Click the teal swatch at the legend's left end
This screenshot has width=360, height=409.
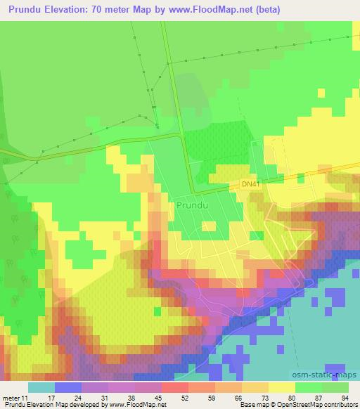[41, 387]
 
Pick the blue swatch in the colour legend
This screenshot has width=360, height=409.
[68, 387]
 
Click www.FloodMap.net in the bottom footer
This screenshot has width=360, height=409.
[136, 405]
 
